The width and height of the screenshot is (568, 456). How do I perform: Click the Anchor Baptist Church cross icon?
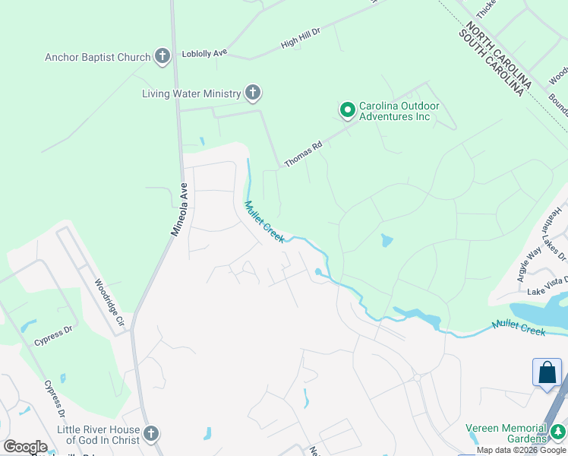[162, 55]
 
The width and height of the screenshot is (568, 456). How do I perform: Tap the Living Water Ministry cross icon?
[253, 93]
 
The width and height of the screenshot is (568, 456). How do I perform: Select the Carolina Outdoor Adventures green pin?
[347, 111]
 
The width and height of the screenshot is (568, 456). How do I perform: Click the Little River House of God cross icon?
[150, 435]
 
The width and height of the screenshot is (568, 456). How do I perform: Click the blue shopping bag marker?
[547, 373]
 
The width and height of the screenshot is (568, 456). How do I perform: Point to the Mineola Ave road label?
[179, 209]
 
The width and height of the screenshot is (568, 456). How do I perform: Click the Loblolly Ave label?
[205, 54]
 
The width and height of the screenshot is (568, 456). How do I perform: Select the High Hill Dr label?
[301, 39]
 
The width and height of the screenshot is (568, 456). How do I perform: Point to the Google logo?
[25, 447]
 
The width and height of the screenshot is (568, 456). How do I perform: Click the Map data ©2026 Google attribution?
[521, 450]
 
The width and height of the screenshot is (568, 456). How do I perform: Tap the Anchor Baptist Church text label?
[98, 56]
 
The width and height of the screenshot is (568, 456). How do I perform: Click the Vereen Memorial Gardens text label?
[506, 432]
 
